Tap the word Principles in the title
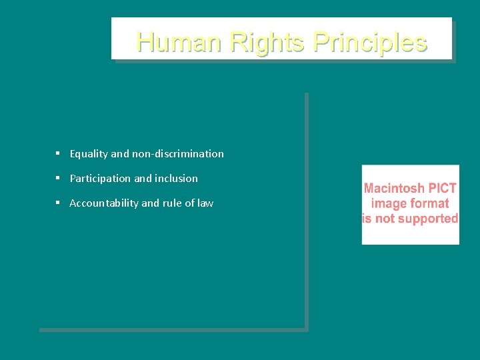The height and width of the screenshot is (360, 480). coord(369,42)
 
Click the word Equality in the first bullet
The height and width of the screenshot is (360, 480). coord(89,154)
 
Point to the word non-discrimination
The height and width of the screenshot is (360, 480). coord(178,154)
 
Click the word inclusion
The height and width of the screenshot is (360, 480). coord(176,179)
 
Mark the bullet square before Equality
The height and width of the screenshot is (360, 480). coord(58,153)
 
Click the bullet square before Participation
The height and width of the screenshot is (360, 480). coord(58,178)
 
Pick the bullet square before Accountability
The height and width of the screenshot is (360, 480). coord(58,203)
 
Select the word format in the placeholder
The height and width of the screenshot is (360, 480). coord(429,203)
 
